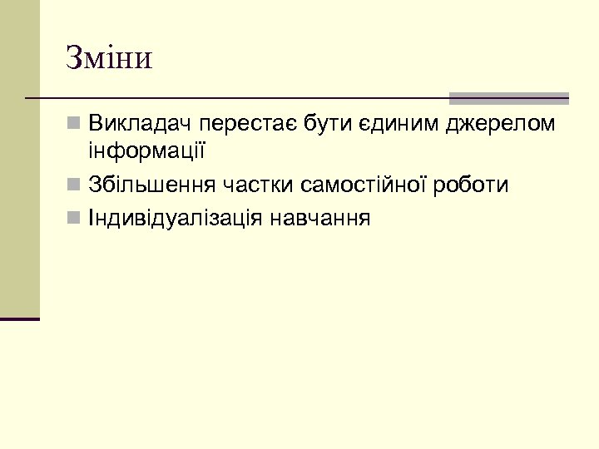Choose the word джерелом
[x=501, y=125]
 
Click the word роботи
[x=473, y=185]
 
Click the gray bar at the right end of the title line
[x=508, y=98]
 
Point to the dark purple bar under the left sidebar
[x=20, y=318]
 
